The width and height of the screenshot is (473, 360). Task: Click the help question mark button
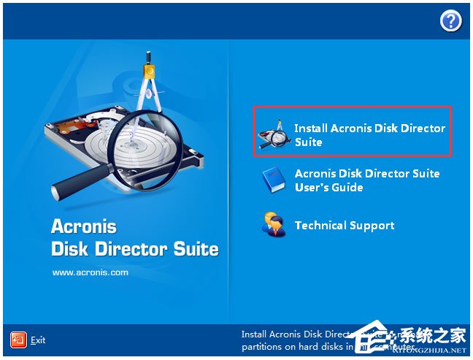(450, 22)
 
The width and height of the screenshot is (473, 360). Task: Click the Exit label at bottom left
(38, 340)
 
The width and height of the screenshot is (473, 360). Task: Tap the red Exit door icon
(18, 340)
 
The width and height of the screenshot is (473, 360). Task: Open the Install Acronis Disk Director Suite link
(369, 135)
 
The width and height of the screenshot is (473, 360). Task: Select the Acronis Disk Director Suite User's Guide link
(367, 180)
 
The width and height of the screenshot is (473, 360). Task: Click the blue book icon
(273, 180)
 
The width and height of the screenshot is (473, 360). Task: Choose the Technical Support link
(345, 226)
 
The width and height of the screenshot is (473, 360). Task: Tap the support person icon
(273, 225)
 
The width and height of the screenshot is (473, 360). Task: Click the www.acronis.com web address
(90, 272)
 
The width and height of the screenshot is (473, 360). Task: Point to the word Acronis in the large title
(84, 226)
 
